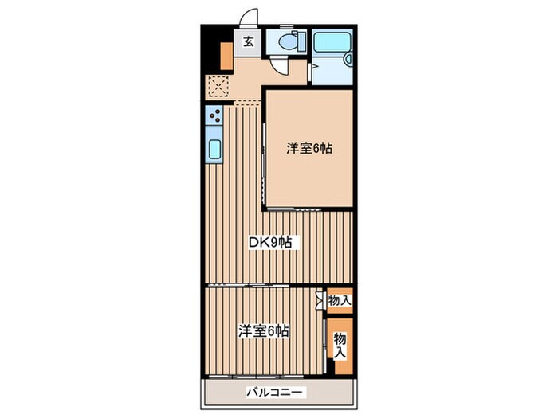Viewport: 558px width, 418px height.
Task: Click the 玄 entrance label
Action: pyautogui.click(x=248, y=41)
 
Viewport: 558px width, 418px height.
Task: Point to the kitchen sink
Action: pyautogui.click(x=214, y=147)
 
